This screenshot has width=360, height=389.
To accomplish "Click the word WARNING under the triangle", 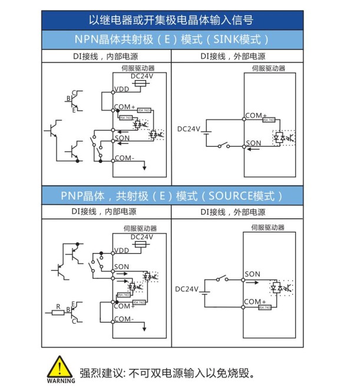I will (x=61, y=381).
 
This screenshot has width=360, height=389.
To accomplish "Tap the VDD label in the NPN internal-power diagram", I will (x=121, y=89).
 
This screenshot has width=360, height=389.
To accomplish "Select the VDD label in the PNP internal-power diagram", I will (x=121, y=250).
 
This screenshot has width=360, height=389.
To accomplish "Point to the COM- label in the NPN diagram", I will (x=124, y=158).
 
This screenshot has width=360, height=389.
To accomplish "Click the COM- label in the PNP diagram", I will (x=124, y=319).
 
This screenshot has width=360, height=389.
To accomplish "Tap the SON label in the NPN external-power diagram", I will (x=253, y=143).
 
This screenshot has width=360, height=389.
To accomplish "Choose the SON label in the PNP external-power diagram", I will (x=252, y=274).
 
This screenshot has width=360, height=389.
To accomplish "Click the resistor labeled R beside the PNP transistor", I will (x=58, y=312).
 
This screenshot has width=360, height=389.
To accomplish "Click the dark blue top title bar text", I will (x=171, y=20).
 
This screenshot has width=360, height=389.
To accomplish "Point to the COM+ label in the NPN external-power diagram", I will (x=256, y=116).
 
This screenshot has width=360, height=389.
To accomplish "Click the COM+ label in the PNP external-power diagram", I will (x=255, y=302).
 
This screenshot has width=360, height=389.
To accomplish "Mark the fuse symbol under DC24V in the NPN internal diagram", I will (x=139, y=84).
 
